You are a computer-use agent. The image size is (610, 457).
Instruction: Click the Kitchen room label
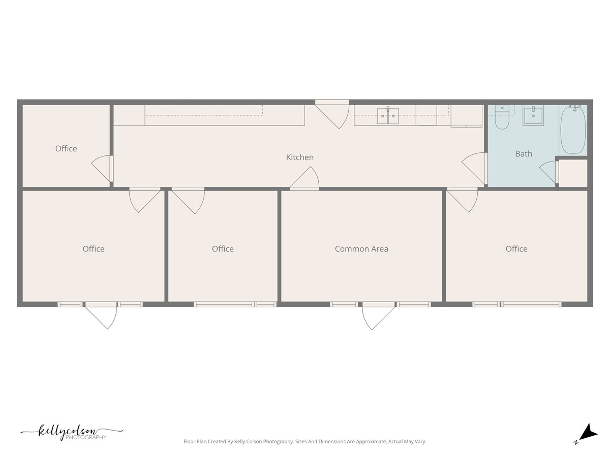click(x=300, y=157)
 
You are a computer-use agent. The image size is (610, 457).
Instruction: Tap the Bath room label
click(x=524, y=153)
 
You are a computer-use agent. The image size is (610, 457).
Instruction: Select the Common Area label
click(x=361, y=249)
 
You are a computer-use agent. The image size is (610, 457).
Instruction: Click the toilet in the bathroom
click(x=502, y=118)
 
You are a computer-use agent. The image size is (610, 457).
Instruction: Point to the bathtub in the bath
click(x=573, y=130)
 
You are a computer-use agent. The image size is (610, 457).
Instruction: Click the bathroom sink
click(x=533, y=116)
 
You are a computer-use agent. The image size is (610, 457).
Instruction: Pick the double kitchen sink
click(x=388, y=116)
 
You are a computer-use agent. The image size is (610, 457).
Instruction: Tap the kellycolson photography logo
click(x=72, y=433)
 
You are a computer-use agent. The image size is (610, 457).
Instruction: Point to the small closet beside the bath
click(x=573, y=173)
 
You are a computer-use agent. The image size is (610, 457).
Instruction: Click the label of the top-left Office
click(x=66, y=149)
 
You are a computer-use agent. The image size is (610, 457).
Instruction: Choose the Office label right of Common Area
click(x=516, y=249)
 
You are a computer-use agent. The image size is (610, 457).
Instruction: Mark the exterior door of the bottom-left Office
click(x=102, y=315)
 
